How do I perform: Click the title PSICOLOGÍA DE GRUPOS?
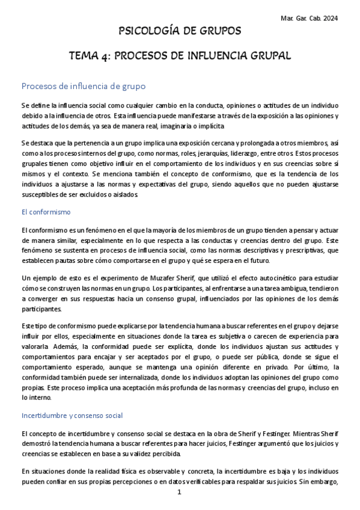[180, 31]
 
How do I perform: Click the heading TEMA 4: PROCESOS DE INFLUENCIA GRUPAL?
[180, 56]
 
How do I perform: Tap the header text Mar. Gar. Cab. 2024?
[309, 19]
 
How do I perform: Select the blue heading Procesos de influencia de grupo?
[83, 86]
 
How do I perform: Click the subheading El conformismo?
[46, 212]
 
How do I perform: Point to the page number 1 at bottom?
[180, 493]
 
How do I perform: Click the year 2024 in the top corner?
[329, 19]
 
